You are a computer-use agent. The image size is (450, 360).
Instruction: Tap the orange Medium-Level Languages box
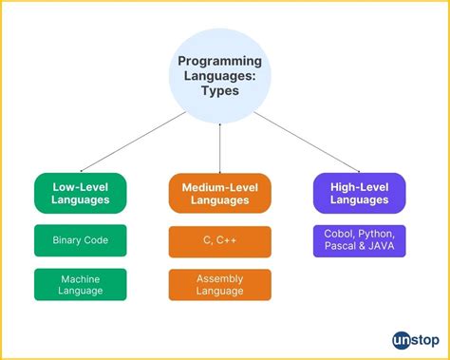220,193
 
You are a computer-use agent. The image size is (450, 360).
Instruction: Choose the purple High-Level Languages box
359,193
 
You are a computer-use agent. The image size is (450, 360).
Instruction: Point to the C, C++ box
220,240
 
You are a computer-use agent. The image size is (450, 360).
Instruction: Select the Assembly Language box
220,285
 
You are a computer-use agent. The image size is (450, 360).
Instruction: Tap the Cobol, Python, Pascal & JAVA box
359,240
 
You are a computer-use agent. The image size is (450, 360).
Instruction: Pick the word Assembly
220,278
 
